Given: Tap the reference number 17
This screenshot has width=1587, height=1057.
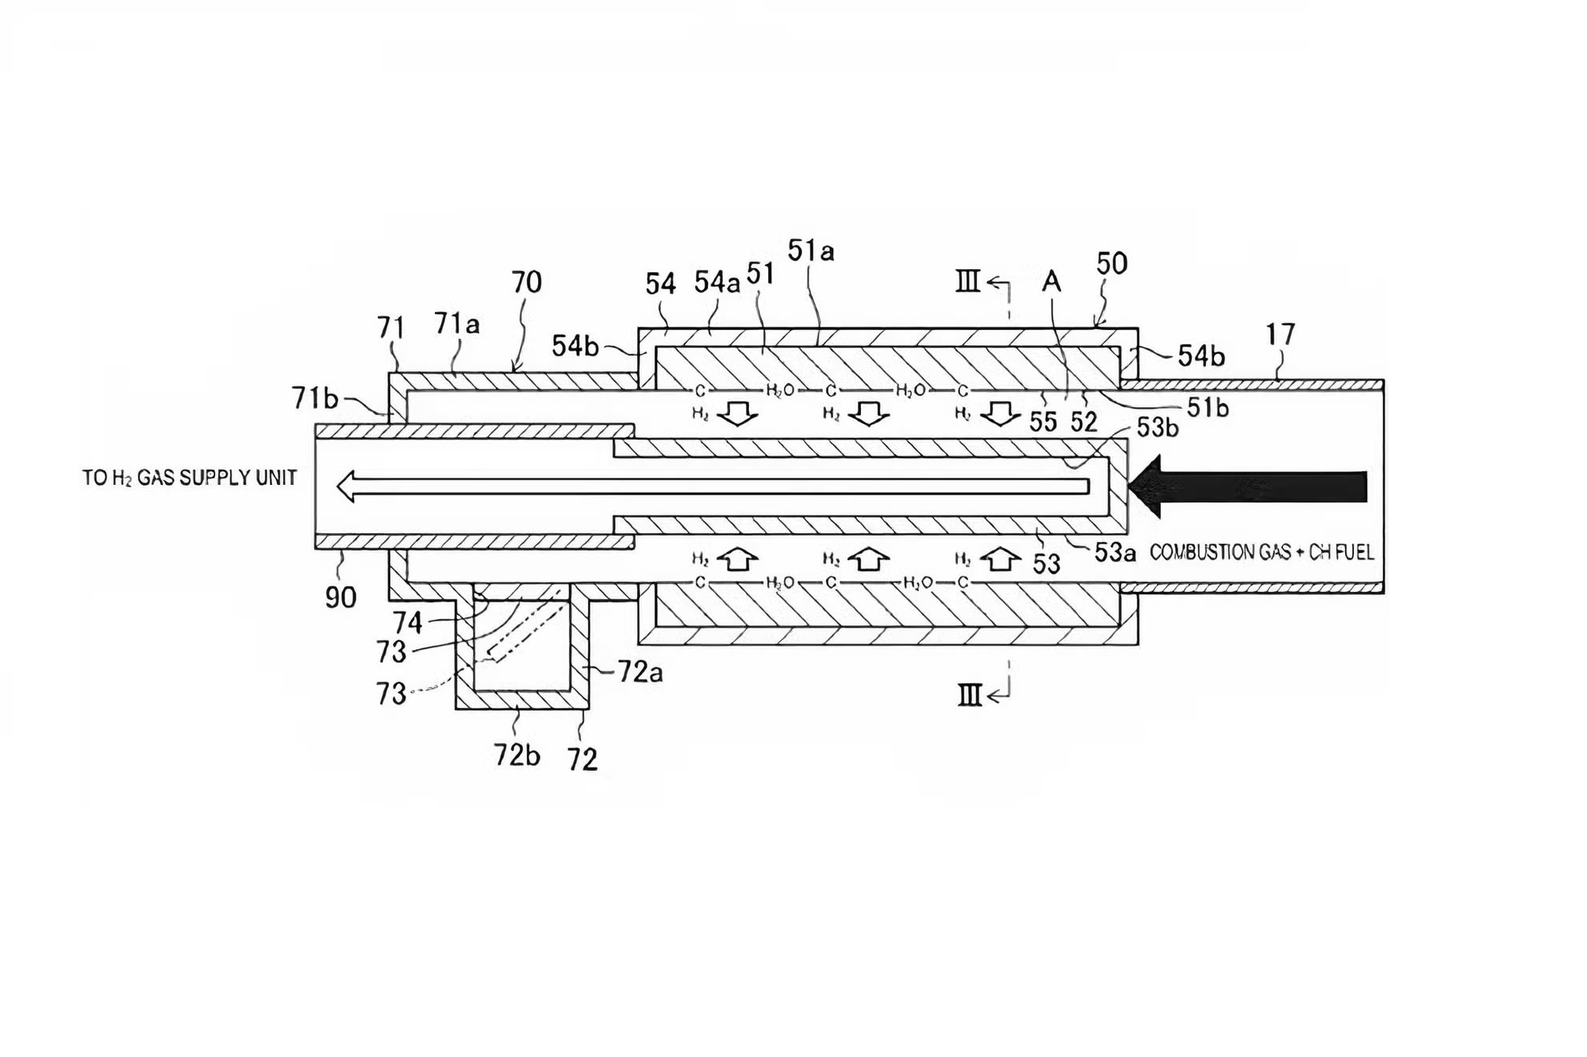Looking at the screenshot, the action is [x=1280, y=335].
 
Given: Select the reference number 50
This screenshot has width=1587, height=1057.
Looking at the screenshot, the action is [x=1112, y=263].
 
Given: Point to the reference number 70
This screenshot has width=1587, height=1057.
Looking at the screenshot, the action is [x=527, y=282].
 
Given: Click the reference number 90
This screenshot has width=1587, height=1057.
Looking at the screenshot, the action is [x=340, y=598].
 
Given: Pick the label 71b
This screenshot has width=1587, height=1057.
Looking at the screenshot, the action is [x=315, y=398].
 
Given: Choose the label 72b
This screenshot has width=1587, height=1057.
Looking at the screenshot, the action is [x=517, y=755].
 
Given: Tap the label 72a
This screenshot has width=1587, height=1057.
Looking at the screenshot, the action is [x=640, y=672].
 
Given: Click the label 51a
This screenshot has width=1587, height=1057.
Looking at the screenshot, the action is [x=811, y=251].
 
